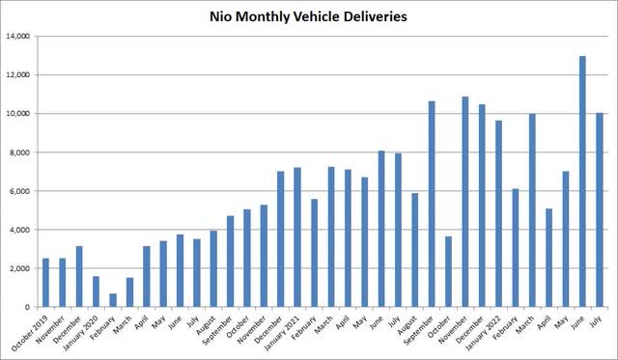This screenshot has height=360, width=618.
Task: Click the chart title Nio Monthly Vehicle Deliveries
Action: (x=308, y=16)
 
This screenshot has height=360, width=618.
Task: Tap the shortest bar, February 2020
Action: (x=113, y=300)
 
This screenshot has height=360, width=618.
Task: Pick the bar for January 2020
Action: (x=96, y=291)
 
